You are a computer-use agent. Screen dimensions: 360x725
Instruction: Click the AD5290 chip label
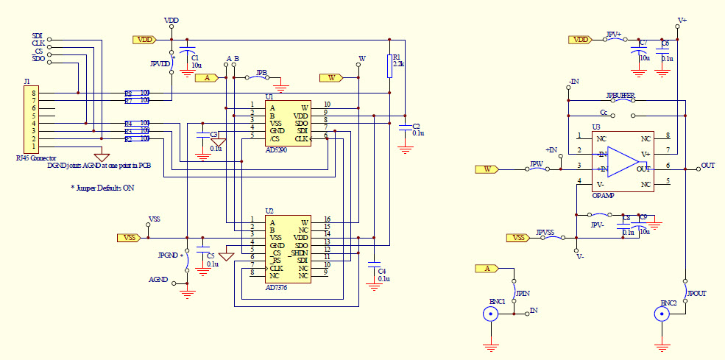tap(276, 149)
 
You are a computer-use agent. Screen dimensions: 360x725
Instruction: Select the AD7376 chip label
tap(276, 288)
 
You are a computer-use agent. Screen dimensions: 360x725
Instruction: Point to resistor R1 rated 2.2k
tap(389, 66)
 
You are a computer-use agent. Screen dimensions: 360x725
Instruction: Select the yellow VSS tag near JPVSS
tap(517, 238)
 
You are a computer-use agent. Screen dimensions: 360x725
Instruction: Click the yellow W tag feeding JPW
tap(487, 169)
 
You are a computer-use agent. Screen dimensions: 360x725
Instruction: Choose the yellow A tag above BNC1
tap(487, 269)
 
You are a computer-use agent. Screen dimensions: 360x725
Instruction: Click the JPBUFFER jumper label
tap(620, 96)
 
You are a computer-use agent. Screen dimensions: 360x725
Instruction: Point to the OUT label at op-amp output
tap(708, 166)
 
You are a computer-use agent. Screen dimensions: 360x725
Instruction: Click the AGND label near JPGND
tap(158, 280)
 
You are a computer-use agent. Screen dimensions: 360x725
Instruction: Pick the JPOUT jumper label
tap(696, 293)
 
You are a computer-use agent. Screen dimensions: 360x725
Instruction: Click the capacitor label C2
tap(416, 126)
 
